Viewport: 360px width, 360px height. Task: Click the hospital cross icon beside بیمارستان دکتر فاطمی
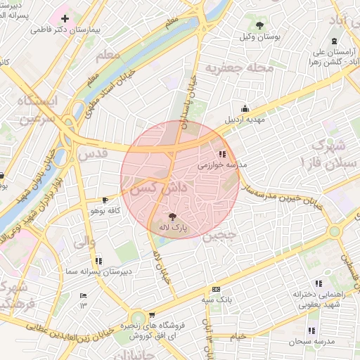coord(65,18)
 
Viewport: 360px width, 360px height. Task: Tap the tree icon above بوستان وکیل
coord(261,25)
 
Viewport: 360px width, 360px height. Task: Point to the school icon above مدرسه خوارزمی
coord(223,153)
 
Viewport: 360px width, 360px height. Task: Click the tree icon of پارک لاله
coord(173,216)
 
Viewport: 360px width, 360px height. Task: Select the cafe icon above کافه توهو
coord(105,200)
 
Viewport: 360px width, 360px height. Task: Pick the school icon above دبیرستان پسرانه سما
coord(98,260)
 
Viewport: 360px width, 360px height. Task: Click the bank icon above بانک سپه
coord(216,289)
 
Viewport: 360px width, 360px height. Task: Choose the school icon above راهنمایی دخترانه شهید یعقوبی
coord(319,283)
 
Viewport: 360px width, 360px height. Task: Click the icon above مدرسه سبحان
coord(311,330)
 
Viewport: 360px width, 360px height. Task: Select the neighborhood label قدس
coord(92,152)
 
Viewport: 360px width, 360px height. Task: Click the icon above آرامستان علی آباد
coord(333,41)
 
